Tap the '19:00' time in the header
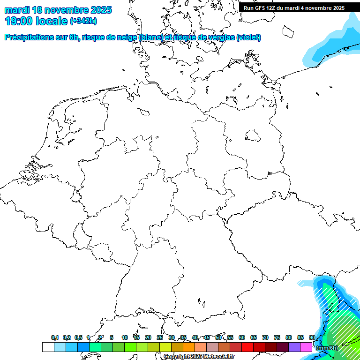[18, 21]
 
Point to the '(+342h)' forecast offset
[83, 21]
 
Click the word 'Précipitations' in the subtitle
[29, 37]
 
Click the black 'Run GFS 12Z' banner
[294, 8]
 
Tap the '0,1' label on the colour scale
[54, 337]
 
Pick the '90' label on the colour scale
[312, 337]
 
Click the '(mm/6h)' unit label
[327, 348]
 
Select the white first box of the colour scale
[48, 347]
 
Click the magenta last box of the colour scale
[306, 347]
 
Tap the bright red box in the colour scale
[247, 347]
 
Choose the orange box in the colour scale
[189, 347]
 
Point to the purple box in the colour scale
[294, 347]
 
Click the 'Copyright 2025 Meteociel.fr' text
[199, 357]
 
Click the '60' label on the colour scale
[242, 337]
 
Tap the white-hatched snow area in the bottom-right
[342, 323]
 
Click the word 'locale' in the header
[52, 21]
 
